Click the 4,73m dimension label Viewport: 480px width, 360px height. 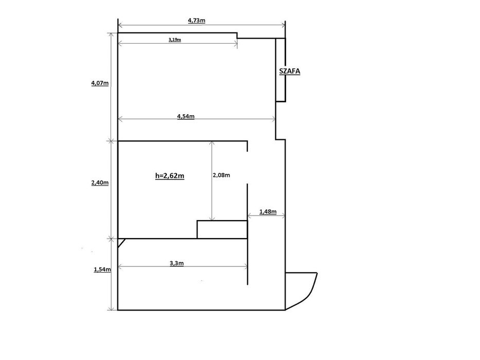pos(196,21)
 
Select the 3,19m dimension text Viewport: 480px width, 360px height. pos(174,40)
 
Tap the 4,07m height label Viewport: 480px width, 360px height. pos(100,83)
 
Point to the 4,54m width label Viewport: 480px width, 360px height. pos(186,116)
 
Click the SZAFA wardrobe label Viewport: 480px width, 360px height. pos(290,71)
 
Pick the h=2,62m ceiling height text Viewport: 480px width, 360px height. pos(170,176)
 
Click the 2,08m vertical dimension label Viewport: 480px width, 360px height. pos(221,175)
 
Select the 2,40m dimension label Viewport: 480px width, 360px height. pos(100,183)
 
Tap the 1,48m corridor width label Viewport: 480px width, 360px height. pos(268,211)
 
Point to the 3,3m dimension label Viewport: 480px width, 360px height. pos(176,263)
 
